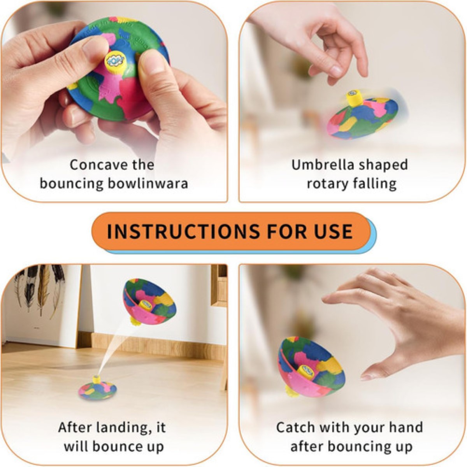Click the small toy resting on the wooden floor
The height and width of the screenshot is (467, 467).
click(97, 389)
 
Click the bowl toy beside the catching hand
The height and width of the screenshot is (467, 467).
click(310, 368)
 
